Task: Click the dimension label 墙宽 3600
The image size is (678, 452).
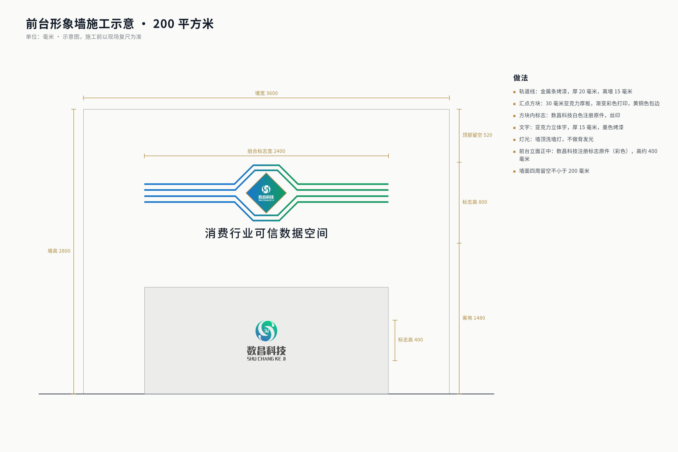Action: point(266,93)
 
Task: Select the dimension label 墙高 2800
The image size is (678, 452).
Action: point(59,251)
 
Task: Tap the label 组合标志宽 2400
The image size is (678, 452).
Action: point(266,151)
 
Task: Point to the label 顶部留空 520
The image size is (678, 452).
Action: point(477,135)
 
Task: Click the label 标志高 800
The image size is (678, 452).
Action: point(474,202)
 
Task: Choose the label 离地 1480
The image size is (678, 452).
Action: point(474,318)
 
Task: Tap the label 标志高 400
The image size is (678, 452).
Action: point(410,340)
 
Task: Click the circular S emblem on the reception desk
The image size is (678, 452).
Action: point(266,331)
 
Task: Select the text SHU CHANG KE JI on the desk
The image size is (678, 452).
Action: point(266,359)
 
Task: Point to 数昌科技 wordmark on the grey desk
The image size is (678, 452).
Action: point(266,351)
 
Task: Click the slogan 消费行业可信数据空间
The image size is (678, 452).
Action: point(266,233)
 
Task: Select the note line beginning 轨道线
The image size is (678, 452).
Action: point(575,91)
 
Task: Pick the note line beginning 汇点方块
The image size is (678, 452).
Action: point(589,103)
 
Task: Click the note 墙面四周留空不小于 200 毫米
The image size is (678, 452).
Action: point(554,171)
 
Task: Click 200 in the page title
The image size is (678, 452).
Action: point(163,24)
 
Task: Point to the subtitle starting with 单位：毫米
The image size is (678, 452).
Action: point(84,37)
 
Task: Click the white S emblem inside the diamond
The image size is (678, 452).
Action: point(266,189)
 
